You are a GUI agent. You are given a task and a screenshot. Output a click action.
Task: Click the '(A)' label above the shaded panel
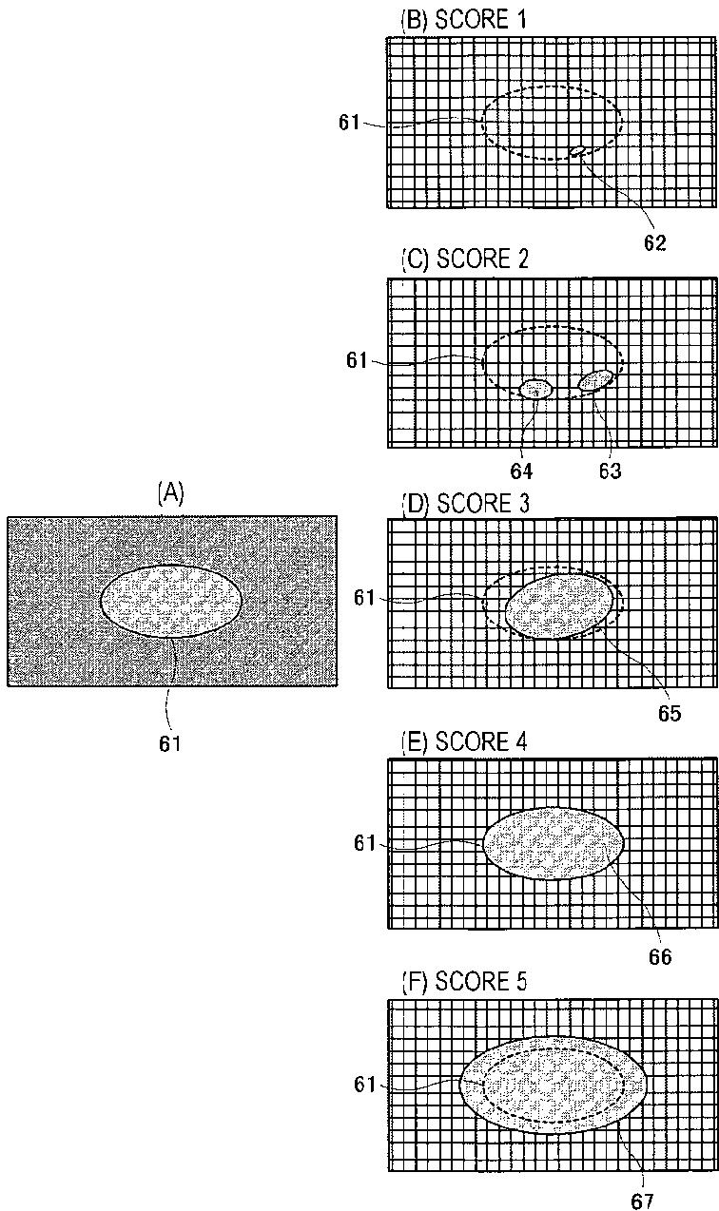pyautogui.click(x=170, y=492)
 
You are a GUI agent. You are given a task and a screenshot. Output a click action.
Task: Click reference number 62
pyautogui.click(x=653, y=242)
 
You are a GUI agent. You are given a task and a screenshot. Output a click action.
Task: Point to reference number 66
pyautogui.click(x=659, y=956)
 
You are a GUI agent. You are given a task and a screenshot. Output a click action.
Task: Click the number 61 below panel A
pyautogui.click(x=170, y=743)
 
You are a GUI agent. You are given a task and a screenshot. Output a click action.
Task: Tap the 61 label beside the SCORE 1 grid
pyautogui.click(x=351, y=122)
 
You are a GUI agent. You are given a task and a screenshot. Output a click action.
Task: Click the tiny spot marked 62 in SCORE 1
pyautogui.click(x=576, y=151)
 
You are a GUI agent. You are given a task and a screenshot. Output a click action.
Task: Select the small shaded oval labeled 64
pyautogui.click(x=535, y=389)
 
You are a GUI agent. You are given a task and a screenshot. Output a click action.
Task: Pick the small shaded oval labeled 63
pyautogui.click(x=594, y=380)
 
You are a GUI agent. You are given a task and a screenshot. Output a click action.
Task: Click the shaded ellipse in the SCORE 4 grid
pyautogui.click(x=554, y=842)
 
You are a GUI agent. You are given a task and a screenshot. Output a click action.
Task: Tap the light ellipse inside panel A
pyautogui.click(x=170, y=601)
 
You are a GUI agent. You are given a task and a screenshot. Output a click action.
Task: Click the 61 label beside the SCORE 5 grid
pyautogui.click(x=365, y=1085)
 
